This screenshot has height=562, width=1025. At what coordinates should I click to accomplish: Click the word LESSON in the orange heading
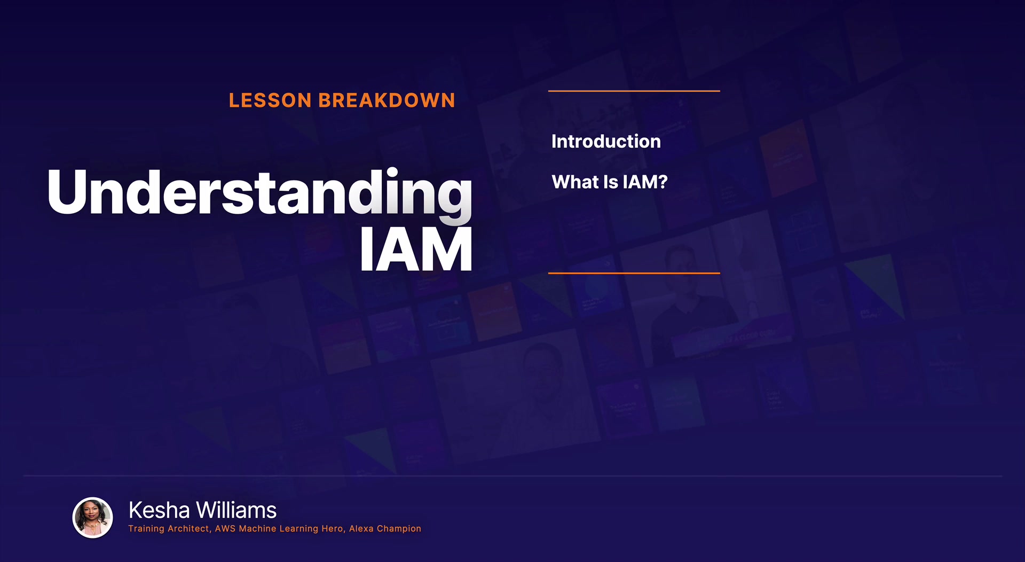[x=270, y=100]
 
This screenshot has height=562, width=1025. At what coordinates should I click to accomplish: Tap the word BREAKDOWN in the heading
[x=387, y=100]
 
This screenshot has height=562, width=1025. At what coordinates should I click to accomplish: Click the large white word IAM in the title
[x=416, y=249]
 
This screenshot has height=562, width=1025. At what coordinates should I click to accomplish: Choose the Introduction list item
[x=606, y=141]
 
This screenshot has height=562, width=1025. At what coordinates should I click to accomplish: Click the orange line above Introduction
[x=634, y=91]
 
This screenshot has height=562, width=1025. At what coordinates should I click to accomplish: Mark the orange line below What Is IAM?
[x=634, y=273]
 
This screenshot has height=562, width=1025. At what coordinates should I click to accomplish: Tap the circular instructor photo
[x=92, y=518]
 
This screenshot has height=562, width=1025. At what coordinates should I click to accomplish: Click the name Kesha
[x=159, y=510]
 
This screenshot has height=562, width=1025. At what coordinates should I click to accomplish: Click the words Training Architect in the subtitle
[x=169, y=528]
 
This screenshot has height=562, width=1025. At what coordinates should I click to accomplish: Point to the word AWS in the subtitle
[x=225, y=528]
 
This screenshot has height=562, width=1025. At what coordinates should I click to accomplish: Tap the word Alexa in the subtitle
[x=361, y=528]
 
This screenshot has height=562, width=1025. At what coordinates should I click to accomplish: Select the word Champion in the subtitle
[x=399, y=528]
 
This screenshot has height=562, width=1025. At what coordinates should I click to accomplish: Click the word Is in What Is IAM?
[x=611, y=182]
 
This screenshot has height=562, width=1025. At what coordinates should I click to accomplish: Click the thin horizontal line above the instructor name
[x=512, y=475]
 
